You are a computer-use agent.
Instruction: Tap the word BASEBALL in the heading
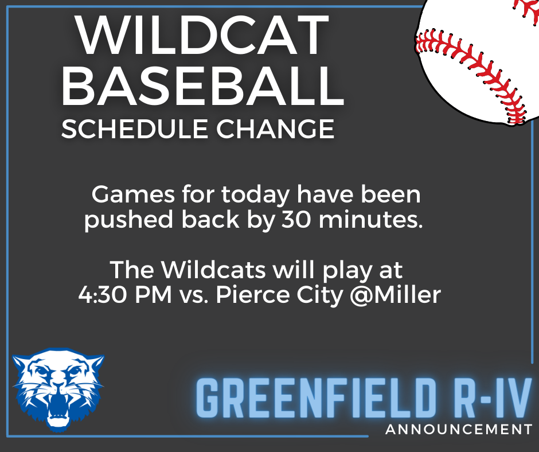coord(203,86)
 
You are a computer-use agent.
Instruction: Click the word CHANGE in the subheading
coord(275,128)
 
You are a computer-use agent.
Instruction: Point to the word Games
coord(133,194)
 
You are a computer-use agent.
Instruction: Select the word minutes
coord(370,220)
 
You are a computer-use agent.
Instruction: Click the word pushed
coord(128,220)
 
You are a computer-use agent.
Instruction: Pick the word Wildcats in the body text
coord(213,270)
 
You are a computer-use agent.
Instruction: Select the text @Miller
coord(395,295)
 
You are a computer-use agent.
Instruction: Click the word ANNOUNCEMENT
coord(459,430)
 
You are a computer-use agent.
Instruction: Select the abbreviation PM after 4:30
coord(153,295)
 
